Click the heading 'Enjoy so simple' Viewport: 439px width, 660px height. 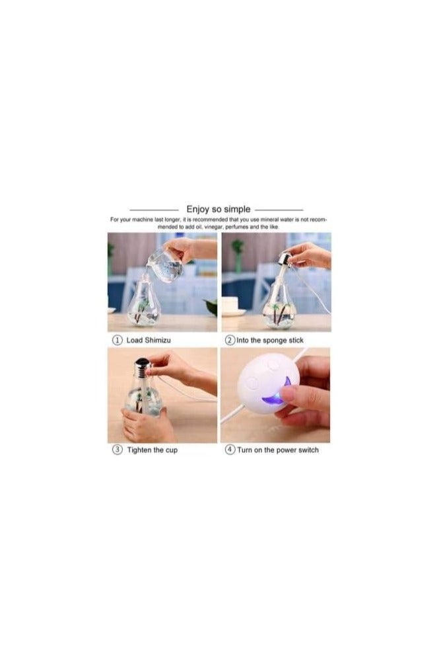pyautogui.click(x=219, y=210)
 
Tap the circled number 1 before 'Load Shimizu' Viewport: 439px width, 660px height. pyautogui.click(x=117, y=340)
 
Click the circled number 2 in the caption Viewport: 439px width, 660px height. pyautogui.click(x=230, y=340)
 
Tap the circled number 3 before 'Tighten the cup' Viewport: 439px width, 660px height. pyautogui.click(x=117, y=450)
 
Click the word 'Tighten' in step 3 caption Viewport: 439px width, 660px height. pyautogui.click(x=141, y=450)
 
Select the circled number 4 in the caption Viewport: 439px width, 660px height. pyautogui.click(x=230, y=450)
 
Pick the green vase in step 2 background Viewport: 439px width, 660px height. pyautogui.click(x=238, y=255)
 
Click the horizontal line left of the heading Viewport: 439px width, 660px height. pyautogui.click(x=153, y=210)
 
